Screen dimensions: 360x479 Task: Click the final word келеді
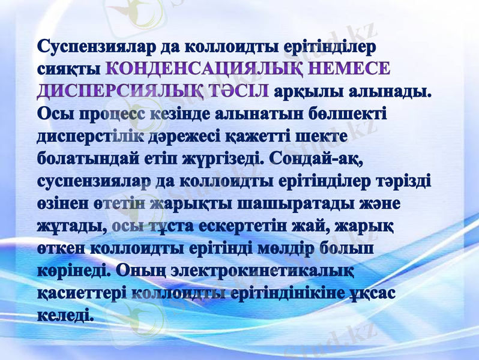point(65,314)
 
